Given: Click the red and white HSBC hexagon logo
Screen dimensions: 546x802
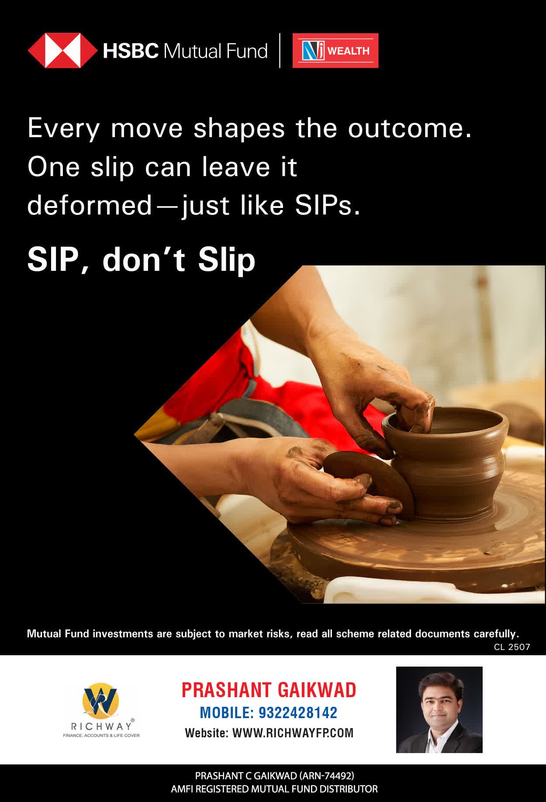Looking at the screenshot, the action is coord(62,51).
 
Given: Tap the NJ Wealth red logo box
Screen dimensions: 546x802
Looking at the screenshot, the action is coord(335,51).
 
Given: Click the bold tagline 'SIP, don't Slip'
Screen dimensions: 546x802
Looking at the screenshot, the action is coord(141,260).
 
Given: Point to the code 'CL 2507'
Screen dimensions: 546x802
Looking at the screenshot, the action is coord(512,647).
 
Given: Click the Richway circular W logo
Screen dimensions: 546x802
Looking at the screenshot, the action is coord(100,700).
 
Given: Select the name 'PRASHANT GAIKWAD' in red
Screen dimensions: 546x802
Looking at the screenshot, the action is coord(269,690).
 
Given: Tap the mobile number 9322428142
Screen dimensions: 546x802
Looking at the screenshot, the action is coord(298,712).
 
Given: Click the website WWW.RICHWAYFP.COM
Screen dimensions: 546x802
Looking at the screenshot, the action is coord(293,733).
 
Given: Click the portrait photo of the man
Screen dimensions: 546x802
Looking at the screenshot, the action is coord(439,710).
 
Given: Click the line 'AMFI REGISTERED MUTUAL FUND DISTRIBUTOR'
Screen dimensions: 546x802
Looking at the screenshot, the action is coord(274,789).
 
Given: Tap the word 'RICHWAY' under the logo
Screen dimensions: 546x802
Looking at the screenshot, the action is coord(101,726).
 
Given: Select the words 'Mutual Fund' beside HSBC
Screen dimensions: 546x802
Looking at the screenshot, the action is coord(215,51).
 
